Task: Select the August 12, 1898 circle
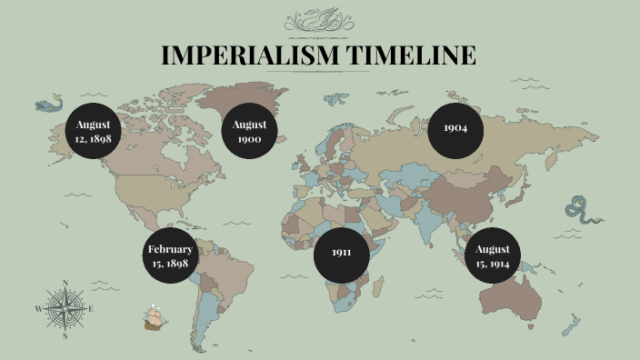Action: point(94,132)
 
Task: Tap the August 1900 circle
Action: point(248,132)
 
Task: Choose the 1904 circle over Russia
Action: point(455,128)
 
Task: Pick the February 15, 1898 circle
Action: point(171,255)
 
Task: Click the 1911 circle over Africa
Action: point(341,252)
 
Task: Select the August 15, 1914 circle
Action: point(492,255)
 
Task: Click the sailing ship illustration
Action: point(155,315)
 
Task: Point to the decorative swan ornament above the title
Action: point(319,20)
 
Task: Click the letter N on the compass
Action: point(65,283)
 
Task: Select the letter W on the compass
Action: point(39,309)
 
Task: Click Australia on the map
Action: point(513,293)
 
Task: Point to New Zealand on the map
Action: point(570,323)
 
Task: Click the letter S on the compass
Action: point(65,335)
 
